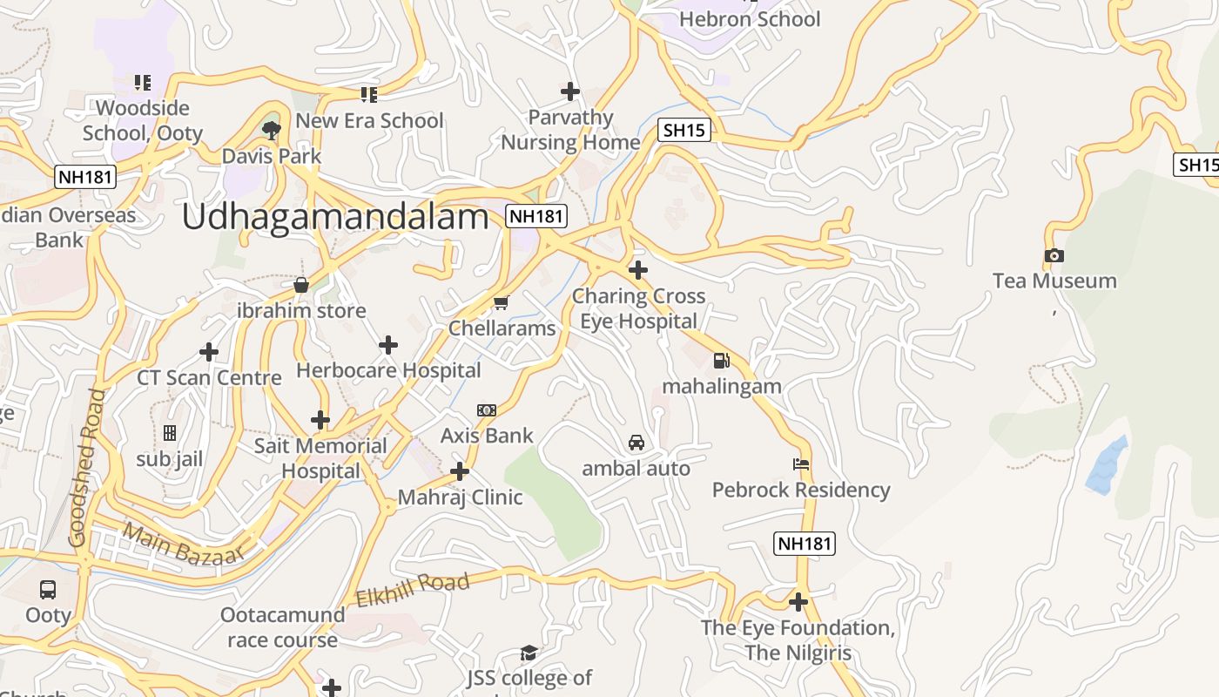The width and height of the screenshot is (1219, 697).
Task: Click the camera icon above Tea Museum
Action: coord(1054,255)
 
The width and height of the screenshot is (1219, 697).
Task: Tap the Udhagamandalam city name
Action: coord(335,218)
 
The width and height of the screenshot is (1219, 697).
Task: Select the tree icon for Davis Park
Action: coord(272,131)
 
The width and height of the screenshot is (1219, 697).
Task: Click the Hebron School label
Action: coord(749,19)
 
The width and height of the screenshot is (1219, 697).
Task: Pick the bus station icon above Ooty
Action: coord(48,589)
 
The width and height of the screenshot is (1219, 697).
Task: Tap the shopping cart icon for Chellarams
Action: coord(501,303)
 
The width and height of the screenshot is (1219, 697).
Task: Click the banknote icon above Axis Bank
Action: coord(487,409)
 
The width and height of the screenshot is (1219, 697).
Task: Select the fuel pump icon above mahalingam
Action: coord(721,360)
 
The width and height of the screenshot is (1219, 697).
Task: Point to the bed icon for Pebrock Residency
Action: coord(801,464)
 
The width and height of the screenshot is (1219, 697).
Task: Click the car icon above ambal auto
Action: coord(636,443)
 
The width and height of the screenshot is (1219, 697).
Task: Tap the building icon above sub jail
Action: coord(170,432)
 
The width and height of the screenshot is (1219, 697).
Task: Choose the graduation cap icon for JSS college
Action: coord(529,653)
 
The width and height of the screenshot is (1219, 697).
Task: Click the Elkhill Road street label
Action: coord(413,590)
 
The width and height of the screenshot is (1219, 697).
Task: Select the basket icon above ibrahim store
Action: coord(301,285)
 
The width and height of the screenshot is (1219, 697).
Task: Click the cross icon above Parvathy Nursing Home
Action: coord(570,91)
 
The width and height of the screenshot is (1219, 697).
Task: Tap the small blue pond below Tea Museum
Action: coord(1107,465)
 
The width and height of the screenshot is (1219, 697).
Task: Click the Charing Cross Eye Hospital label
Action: coord(638,308)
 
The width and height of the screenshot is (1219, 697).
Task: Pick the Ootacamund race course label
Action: coord(282,627)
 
